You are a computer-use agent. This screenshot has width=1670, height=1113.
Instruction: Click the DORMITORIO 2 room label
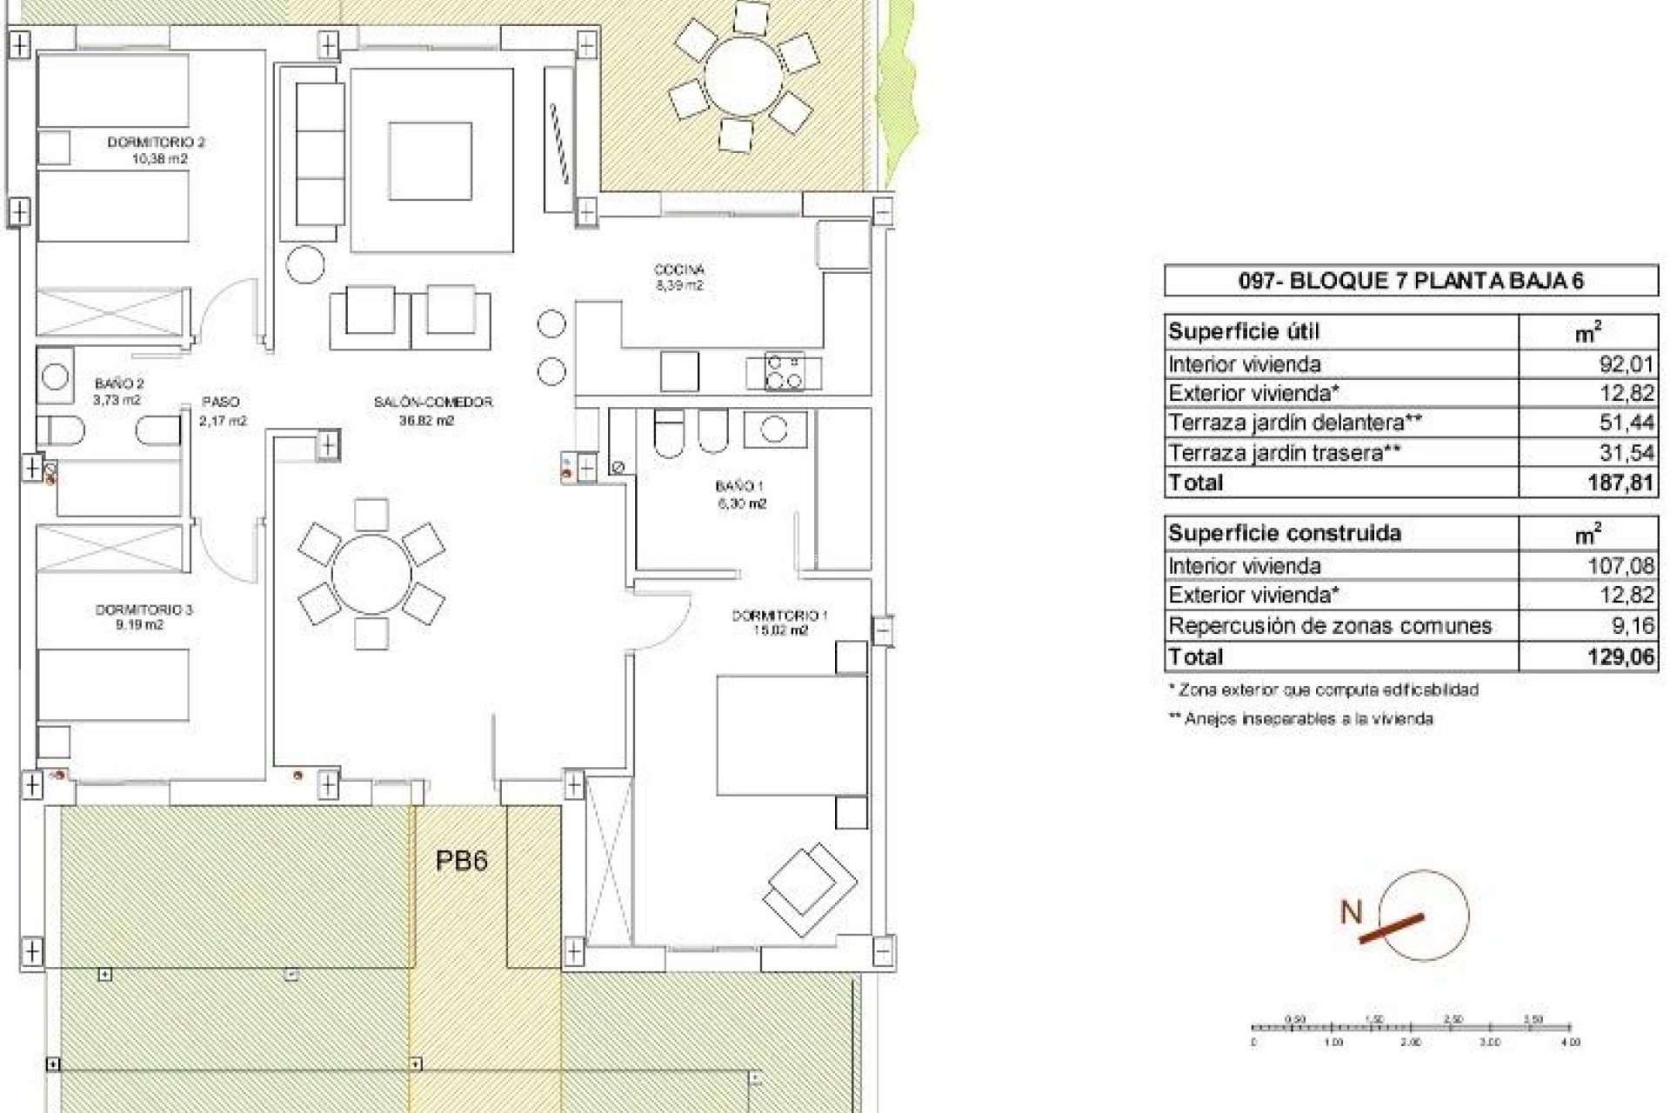(x=156, y=142)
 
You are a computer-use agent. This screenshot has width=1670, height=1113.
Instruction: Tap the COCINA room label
(x=678, y=270)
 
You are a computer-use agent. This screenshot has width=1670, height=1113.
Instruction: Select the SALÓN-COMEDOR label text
(x=433, y=402)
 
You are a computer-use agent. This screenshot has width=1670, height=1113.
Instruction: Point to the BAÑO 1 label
(x=740, y=486)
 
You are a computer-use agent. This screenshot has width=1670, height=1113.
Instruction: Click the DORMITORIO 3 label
(x=144, y=610)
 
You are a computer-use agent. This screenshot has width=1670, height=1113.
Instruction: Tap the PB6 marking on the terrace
(x=461, y=861)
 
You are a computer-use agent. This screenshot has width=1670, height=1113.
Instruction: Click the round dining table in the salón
(x=371, y=575)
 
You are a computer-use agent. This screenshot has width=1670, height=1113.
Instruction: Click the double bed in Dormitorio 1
(x=792, y=735)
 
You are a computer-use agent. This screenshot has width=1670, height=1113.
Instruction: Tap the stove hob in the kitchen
(x=784, y=372)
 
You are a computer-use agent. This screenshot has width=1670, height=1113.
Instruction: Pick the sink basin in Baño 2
(x=55, y=377)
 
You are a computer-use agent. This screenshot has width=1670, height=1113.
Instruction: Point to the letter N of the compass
(x=1351, y=912)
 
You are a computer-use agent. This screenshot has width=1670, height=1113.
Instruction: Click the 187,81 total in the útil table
(x=1620, y=483)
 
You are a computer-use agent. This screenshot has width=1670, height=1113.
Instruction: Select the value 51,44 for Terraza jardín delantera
(x=1626, y=423)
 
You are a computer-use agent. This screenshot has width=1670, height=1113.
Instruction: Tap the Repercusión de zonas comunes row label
(x=1330, y=626)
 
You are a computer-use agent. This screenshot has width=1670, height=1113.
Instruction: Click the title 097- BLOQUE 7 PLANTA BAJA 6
(x=1410, y=281)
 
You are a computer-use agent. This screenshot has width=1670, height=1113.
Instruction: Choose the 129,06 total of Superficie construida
(x=1620, y=656)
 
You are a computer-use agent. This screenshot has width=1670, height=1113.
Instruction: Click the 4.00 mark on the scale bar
(x=1570, y=1042)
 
